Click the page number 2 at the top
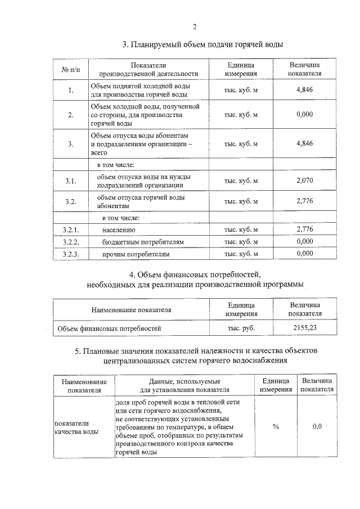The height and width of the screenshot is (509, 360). (195, 26)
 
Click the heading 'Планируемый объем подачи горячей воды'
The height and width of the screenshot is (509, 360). (202, 44)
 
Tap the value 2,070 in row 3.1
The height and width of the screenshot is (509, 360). (304, 180)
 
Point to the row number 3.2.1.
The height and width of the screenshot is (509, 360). (71, 229)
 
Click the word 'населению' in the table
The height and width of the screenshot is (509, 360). (118, 229)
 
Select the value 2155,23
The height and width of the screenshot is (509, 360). (304, 326)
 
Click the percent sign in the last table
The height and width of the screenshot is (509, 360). (276, 426)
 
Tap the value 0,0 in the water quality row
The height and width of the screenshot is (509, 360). (317, 426)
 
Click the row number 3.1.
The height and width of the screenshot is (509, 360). (71, 181)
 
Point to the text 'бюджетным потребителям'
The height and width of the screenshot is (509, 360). (143, 242)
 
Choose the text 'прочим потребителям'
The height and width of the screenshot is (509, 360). (136, 254)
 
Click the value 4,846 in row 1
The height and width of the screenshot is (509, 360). (304, 90)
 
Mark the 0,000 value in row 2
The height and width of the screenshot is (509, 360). (304, 114)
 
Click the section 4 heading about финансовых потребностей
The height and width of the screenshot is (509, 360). (195, 280)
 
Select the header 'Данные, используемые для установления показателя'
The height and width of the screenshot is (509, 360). (184, 385)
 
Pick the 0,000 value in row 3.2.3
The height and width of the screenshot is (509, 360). (304, 254)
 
